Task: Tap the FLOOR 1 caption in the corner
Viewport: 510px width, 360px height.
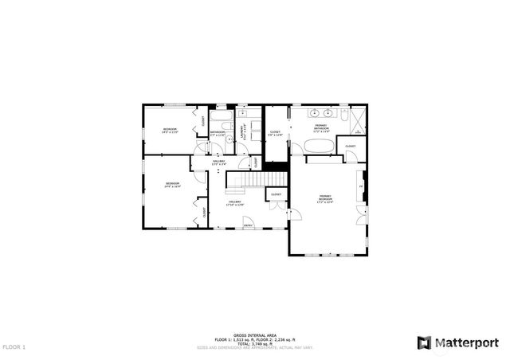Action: (x=14, y=347)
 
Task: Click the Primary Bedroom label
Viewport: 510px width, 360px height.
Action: (x=326, y=198)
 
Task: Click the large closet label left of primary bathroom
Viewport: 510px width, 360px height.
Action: (x=275, y=133)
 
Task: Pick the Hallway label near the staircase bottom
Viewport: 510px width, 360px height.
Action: (x=236, y=203)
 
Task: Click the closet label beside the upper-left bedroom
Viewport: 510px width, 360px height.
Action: (x=203, y=121)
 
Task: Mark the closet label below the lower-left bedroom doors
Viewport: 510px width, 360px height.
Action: (x=204, y=212)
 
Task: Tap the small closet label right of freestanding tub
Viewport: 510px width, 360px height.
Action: (x=350, y=147)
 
